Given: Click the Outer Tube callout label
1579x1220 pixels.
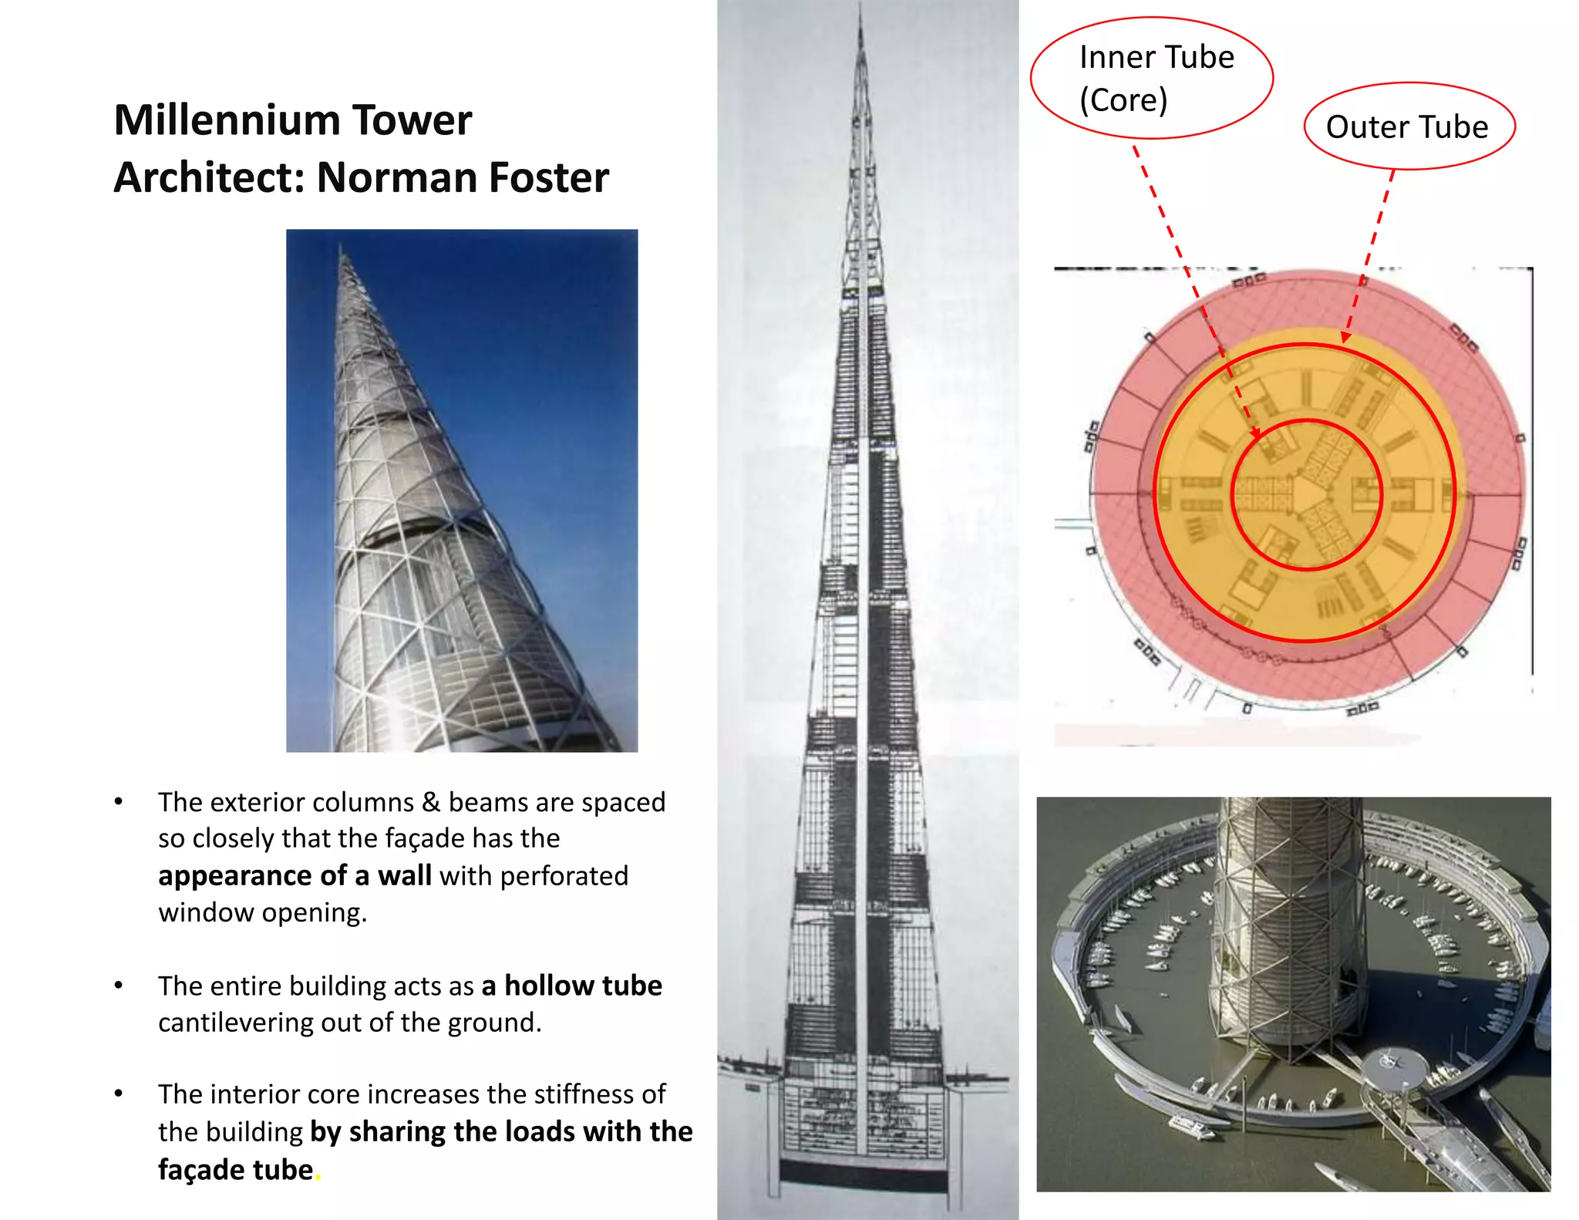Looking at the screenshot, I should point(1407,126).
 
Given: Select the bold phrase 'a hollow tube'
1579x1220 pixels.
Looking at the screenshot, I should point(571,986).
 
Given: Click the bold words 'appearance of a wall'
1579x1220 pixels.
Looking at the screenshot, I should point(295,875).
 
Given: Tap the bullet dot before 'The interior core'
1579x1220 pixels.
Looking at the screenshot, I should point(119,1094).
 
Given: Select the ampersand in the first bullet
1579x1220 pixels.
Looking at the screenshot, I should point(431,802).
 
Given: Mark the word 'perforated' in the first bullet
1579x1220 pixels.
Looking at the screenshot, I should point(564,876).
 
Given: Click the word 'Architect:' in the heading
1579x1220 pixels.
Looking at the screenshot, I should point(208,178).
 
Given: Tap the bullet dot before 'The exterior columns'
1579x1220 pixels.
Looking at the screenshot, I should point(119,802).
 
